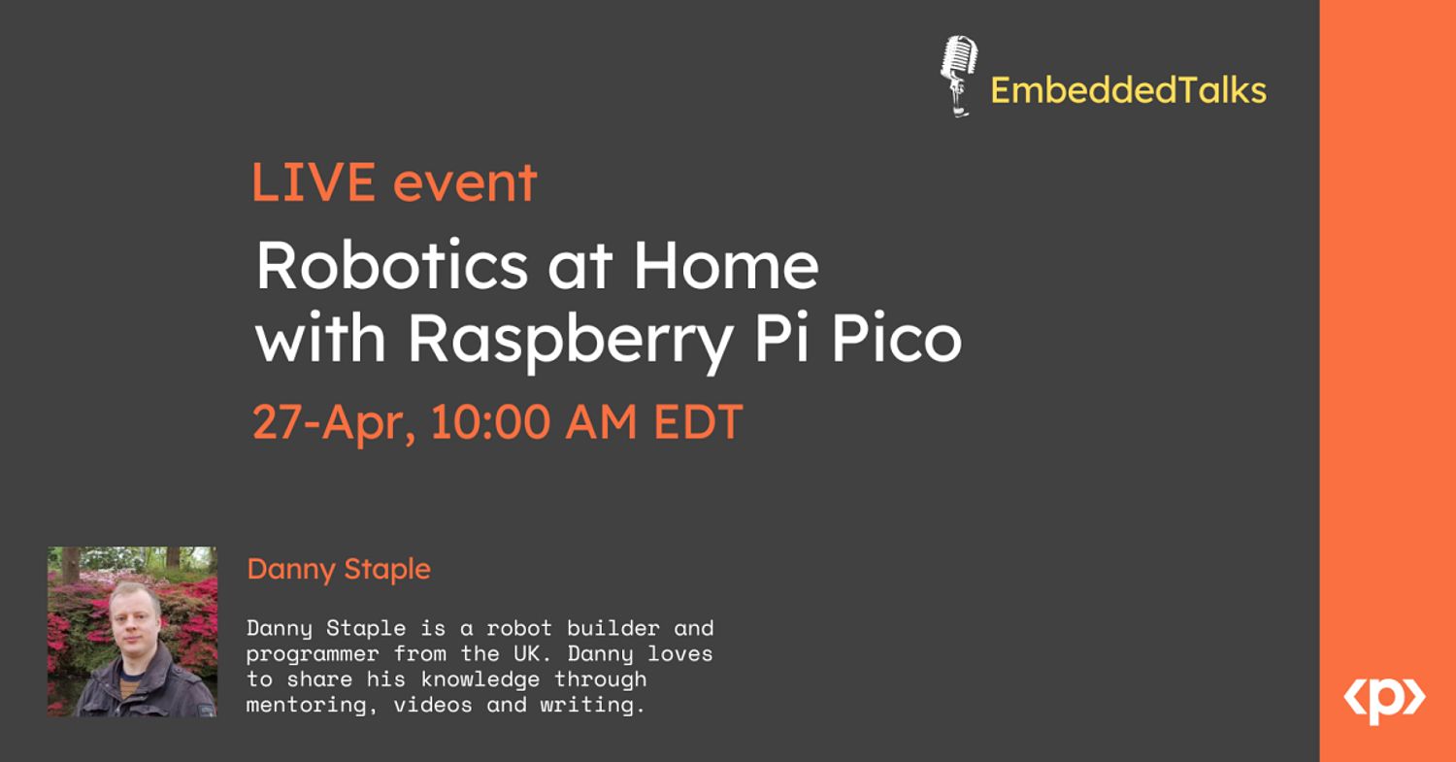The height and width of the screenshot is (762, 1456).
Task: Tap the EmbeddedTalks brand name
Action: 1128,90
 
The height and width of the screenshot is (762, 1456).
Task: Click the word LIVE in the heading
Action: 314,182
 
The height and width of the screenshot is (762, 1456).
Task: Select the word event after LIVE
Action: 465,182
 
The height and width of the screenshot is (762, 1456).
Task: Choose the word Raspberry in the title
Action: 570,340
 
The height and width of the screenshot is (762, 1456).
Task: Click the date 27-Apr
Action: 333,423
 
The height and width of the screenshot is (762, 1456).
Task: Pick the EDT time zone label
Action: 698,422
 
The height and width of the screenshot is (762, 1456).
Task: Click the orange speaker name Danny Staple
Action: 339,570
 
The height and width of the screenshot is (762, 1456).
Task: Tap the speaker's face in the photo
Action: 134,620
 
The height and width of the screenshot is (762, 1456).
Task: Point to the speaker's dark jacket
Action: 148,689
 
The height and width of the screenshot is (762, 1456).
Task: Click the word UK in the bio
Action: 526,653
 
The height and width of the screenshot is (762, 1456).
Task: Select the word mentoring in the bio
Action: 306,706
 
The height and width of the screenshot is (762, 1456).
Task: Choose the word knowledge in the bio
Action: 480,680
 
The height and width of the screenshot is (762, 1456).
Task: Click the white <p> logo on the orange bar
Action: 1384,700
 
